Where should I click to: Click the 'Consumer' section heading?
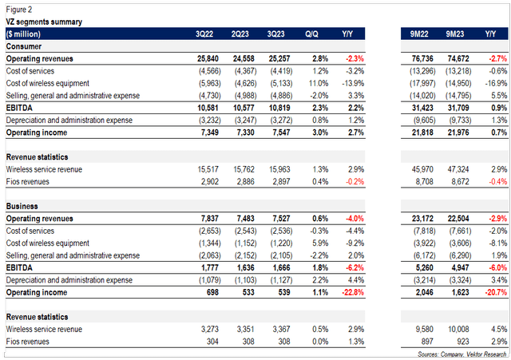26,48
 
